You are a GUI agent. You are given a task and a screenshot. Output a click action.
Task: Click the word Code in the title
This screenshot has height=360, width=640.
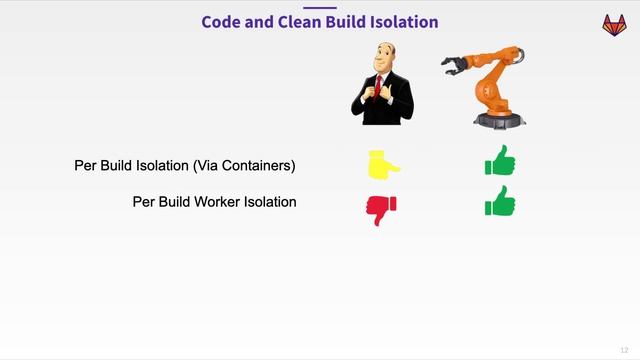(221, 21)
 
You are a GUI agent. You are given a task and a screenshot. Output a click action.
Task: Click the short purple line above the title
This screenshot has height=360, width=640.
(319, 6)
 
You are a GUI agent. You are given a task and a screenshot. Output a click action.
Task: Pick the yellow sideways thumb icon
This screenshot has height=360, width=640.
(383, 164)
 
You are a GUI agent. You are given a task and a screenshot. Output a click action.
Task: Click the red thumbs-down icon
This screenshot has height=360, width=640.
(380, 208)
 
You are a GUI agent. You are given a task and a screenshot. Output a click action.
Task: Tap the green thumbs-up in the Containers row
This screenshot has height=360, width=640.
(500, 161)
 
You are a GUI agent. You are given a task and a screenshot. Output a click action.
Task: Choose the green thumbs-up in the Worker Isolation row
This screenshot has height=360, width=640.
(500, 202)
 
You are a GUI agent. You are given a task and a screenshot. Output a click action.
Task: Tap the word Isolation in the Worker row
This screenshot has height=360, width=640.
(271, 201)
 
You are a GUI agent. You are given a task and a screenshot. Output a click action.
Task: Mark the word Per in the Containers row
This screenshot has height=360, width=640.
(85, 165)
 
